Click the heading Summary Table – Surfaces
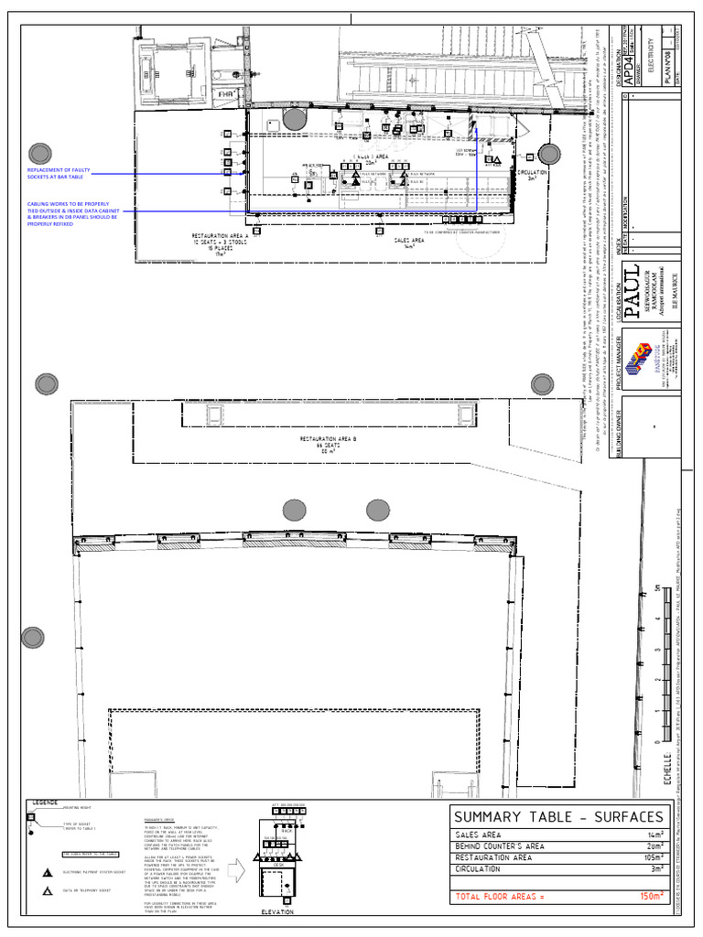pyautogui.click(x=558, y=816)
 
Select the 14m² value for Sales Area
pyautogui.click(x=654, y=835)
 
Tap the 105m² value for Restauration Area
pyautogui.click(x=651, y=858)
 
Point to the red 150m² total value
pyautogui.click(x=651, y=897)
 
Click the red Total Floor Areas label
pyautogui.click(x=499, y=897)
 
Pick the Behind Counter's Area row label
pyautogui.click(x=499, y=846)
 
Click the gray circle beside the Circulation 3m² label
pyautogui.click(x=548, y=154)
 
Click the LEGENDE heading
pyautogui.click(x=46, y=802)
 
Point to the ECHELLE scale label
pyautogui.click(x=667, y=762)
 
